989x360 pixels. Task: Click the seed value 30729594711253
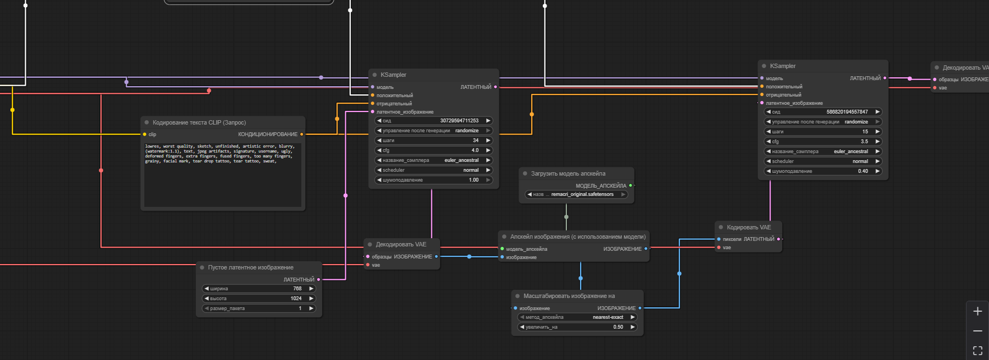(x=459, y=121)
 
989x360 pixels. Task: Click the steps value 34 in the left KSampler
(x=475, y=140)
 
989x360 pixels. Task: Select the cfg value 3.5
(x=864, y=142)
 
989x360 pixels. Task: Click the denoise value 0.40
(x=863, y=171)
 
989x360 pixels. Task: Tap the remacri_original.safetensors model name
(x=582, y=194)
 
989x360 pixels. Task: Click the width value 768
(x=297, y=289)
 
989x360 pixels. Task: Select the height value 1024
(x=296, y=299)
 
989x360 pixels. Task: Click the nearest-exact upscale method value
(x=608, y=317)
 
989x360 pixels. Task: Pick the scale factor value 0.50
(x=618, y=327)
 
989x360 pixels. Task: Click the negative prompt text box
(x=222, y=176)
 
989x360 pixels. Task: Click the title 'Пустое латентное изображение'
(x=250, y=268)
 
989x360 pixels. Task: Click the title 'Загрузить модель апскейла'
(x=568, y=173)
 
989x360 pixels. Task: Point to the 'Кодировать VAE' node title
(x=749, y=227)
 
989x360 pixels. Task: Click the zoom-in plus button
(x=977, y=312)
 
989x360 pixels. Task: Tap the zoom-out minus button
(x=977, y=331)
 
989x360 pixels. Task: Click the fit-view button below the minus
(x=977, y=350)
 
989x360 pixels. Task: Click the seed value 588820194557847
(x=847, y=112)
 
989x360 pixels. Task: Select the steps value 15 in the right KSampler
(x=865, y=132)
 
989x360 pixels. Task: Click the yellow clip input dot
(x=145, y=134)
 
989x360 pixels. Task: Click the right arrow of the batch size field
(x=311, y=308)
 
